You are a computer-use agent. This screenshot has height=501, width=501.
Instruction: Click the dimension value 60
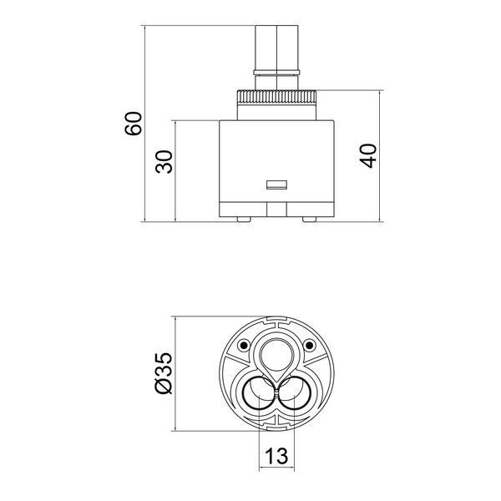133,124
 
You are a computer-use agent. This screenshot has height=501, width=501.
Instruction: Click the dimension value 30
164,162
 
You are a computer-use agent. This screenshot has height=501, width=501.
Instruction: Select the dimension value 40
368,156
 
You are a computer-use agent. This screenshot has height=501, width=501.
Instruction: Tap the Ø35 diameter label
164,373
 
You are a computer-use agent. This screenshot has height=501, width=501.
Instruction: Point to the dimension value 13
276,456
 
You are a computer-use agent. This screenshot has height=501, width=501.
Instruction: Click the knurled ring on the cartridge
276,97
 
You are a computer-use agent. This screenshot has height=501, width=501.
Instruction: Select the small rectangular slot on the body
276,185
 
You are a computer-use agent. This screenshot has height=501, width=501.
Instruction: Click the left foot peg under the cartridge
244,219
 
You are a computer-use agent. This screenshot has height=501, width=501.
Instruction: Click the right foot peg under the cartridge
309,219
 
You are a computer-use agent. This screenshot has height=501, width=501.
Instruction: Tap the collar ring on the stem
276,73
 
